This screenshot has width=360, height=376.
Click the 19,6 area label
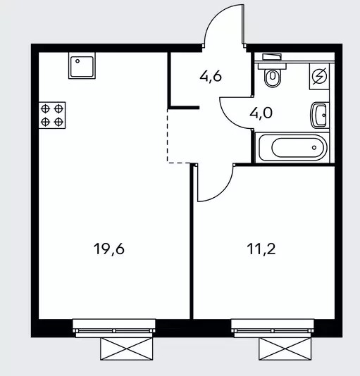click(x=109, y=249)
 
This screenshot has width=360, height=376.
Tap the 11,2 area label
click(x=261, y=249)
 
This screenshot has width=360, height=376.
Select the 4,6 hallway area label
click(x=211, y=77)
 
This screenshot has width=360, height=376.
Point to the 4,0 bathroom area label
click(x=261, y=113)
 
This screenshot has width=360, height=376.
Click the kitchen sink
click(x=82, y=65)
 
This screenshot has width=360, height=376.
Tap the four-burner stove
click(x=52, y=115)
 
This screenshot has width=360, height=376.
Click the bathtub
click(x=292, y=147)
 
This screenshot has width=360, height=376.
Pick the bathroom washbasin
click(x=319, y=115)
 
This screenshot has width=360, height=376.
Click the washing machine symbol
click(x=319, y=77)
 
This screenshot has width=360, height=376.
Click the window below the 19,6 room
click(x=114, y=328)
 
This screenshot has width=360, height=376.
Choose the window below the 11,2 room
click(x=273, y=328)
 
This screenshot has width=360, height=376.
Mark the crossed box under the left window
click(x=127, y=349)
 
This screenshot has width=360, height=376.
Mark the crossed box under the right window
click(x=285, y=349)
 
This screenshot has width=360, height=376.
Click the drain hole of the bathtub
click(x=314, y=147)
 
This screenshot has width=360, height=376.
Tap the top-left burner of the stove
click(x=45, y=109)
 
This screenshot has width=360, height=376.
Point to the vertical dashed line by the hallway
click(x=168, y=136)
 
